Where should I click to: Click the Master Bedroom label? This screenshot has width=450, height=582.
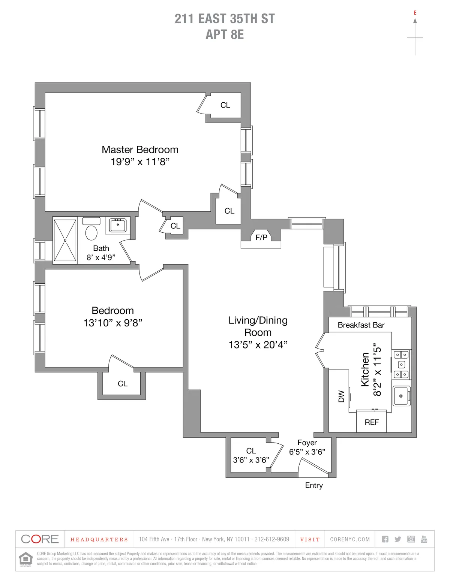pos(140,150)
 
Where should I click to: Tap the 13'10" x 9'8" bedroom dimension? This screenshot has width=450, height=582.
pos(112,323)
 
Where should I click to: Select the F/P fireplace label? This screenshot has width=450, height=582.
pos(261,237)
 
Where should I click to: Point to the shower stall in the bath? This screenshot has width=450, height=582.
pos(65,240)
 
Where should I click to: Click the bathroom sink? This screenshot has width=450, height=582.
pos(118,226)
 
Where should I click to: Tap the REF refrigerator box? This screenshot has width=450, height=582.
pos(371,422)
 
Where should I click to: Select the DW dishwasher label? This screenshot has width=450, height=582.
pos(341,396)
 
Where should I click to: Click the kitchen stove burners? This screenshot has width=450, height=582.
pos(401,364)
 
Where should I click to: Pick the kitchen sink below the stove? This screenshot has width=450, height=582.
pos(401,396)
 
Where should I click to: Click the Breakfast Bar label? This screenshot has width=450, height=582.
pos(361,325)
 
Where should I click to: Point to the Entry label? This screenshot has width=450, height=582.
pos(314,485)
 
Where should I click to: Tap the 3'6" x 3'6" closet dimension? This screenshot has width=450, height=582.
pos(251,460)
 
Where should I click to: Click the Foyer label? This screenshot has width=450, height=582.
pos(307,443)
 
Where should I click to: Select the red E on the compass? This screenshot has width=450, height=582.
pos(415,13)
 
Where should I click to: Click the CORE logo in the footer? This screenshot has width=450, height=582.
pos(40,539)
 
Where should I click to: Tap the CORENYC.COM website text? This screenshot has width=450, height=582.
pos(350,539)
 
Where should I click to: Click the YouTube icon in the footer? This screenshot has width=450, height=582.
pos(424,539)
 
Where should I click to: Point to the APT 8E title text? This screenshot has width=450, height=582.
pos(225,34)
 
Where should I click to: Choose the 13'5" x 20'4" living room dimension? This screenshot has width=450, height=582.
pos(258,345)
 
